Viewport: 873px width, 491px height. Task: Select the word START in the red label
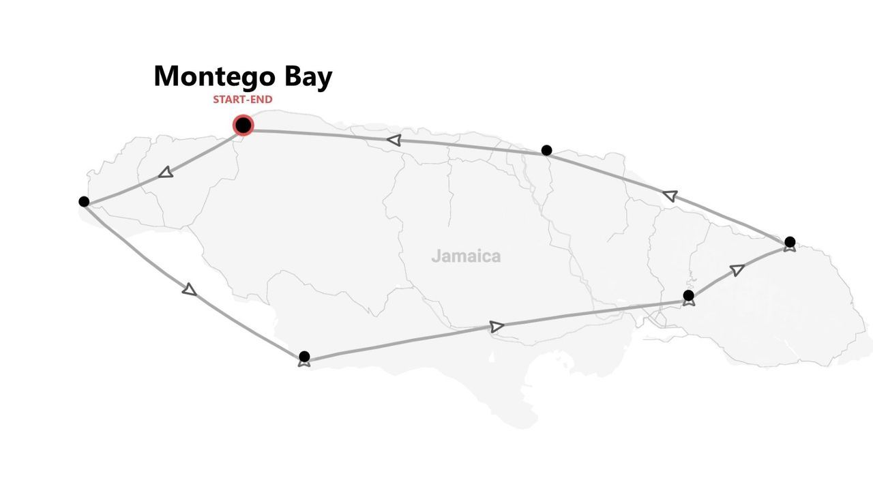(x=228, y=100)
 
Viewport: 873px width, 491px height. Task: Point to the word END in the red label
(x=261, y=100)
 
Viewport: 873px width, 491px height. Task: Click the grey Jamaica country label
(x=466, y=256)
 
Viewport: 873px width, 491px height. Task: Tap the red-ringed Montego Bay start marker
(x=243, y=125)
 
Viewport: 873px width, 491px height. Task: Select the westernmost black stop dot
(x=84, y=201)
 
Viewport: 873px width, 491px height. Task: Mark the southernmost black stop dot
(x=304, y=357)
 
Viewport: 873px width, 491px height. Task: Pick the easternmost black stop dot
(x=790, y=242)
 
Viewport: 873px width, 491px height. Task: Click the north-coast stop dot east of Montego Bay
(x=546, y=150)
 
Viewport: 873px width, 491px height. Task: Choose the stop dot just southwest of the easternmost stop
(x=688, y=295)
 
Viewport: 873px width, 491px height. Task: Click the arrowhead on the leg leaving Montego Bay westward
(x=166, y=173)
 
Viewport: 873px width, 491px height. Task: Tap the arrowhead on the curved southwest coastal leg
(x=190, y=290)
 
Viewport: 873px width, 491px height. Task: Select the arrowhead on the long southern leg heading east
(x=497, y=327)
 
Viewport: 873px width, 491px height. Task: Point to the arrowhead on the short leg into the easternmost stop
(x=737, y=270)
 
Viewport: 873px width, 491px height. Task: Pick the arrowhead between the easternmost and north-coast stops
(x=670, y=196)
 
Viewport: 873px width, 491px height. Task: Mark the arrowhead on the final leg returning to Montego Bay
(x=394, y=140)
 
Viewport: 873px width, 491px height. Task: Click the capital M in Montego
(x=167, y=76)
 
